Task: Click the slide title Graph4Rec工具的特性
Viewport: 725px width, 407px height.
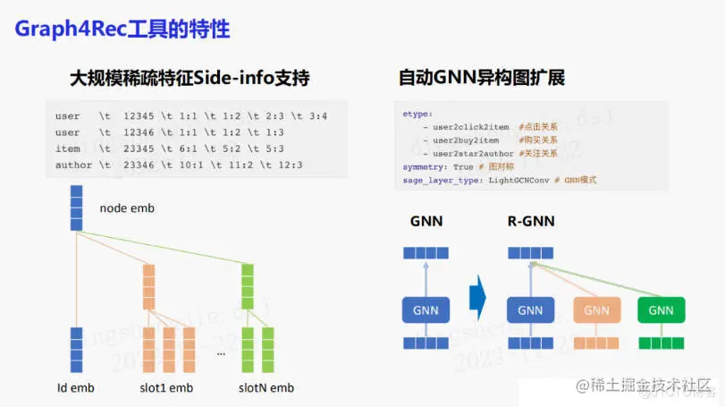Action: (122, 30)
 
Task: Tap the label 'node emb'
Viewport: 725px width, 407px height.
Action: (126, 208)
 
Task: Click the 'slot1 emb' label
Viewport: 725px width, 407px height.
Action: (167, 387)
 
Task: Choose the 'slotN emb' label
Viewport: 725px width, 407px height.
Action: (265, 387)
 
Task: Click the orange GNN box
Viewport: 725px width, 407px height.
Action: (595, 310)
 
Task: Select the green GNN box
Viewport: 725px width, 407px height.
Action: (661, 310)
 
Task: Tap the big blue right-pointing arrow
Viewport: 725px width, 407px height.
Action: (477, 297)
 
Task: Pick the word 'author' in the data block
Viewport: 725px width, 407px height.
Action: (73, 165)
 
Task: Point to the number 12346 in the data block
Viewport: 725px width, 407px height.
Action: (140, 132)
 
